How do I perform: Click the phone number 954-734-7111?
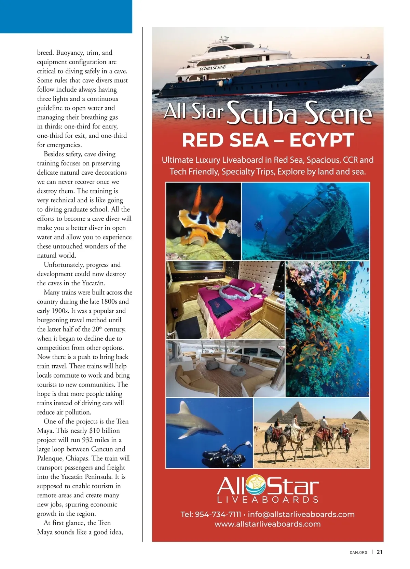pyautogui.click(x=218, y=514)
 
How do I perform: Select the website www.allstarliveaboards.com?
pyautogui.click(x=268, y=524)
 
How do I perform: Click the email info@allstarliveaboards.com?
pyautogui.click(x=301, y=514)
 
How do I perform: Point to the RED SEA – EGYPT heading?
pyautogui.click(x=268, y=140)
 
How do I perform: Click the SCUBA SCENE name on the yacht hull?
pyautogui.click(x=212, y=68)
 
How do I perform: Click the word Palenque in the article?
pyautogui.click(x=50, y=458)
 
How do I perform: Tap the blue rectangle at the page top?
pyautogui.click(x=66, y=16)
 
